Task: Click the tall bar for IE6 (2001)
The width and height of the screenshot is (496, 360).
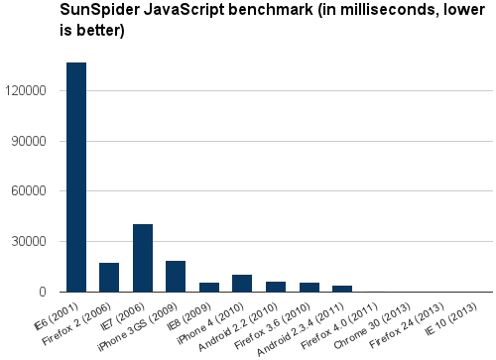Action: click(76, 179)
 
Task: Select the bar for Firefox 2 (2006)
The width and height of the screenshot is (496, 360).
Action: click(109, 278)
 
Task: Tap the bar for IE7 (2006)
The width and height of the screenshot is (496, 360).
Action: click(143, 259)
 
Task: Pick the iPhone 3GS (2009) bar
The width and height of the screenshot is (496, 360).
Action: click(176, 277)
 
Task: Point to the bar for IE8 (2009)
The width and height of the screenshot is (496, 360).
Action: click(209, 288)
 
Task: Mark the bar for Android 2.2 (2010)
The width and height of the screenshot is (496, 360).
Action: click(276, 287)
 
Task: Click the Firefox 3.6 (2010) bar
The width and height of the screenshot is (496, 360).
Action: click(309, 288)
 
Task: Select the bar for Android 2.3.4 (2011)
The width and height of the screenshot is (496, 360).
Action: click(342, 289)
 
